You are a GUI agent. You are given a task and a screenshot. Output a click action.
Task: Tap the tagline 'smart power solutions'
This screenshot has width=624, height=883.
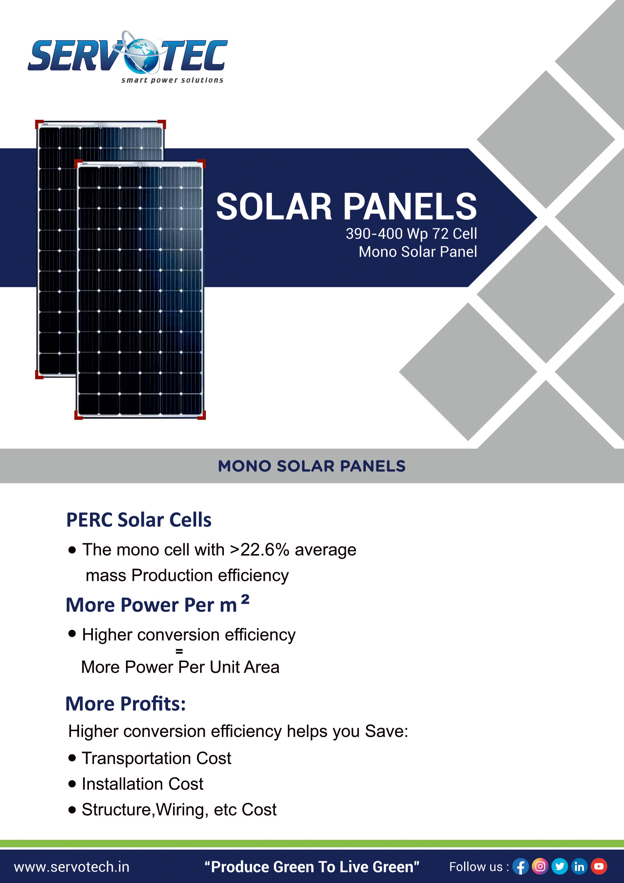click(172, 80)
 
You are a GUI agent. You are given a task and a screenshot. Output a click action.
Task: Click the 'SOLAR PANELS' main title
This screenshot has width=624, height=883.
click(346, 206)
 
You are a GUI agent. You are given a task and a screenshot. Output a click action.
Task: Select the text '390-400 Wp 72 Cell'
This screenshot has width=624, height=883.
click(411, 234)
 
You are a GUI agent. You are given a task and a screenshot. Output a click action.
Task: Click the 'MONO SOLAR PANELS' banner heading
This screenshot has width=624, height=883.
click(312, 466)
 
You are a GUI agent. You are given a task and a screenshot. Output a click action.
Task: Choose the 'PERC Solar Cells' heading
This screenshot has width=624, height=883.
click(139, 520)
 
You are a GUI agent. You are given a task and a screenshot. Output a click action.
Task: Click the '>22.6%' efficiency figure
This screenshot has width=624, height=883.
click(259, 550)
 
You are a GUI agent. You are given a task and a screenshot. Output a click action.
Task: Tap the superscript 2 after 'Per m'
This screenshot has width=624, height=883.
click(245, 599)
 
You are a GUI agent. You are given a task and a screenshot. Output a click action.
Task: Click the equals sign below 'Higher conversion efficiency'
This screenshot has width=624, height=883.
click(179, 651)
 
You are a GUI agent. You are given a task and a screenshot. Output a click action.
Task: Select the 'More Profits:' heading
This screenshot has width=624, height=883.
click(126, 704)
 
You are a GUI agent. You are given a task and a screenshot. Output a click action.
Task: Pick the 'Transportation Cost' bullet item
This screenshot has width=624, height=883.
click(156, 758)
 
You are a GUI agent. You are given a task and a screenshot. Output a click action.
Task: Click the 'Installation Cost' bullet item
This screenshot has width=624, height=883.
click(142, 784)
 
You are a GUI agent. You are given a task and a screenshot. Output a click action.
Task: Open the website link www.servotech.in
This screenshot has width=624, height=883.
click(72, 867)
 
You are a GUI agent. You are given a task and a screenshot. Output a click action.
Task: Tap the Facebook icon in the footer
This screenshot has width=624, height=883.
click(520, 867)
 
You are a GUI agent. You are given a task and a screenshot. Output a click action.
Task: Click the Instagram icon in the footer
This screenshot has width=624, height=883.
click(540, 867)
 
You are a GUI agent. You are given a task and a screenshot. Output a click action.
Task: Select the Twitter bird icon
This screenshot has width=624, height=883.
click(560, 867)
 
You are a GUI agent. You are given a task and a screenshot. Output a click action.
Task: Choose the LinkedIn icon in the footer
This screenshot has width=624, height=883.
click(580, 867)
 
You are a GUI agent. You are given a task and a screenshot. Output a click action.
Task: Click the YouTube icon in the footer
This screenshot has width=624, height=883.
click(599, 867)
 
